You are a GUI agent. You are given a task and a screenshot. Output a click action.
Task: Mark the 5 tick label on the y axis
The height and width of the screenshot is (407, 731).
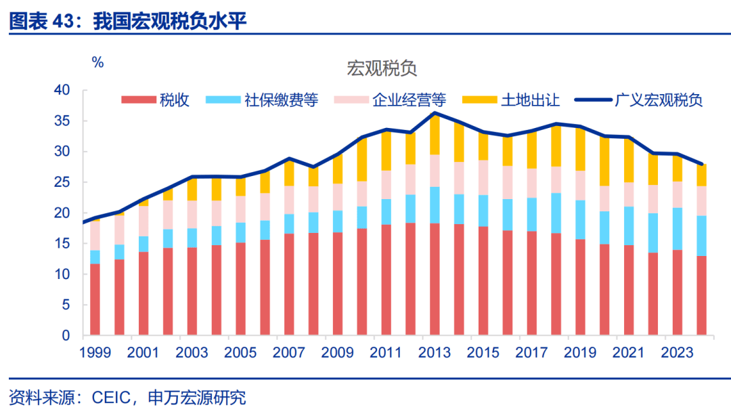[66, 305]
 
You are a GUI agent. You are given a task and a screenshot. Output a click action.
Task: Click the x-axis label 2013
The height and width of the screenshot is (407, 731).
[433, 353]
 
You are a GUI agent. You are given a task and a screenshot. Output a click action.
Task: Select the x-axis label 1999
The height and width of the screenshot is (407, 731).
[95, 353]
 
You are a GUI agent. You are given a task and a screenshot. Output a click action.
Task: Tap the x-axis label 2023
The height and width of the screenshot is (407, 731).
[675, 353]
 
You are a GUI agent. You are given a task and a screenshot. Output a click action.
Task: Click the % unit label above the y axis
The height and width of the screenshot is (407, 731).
[98, 62]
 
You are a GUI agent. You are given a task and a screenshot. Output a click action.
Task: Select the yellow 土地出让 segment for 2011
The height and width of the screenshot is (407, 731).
[385, 150]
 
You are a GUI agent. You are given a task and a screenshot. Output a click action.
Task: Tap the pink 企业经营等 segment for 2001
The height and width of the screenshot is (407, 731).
[143, 221]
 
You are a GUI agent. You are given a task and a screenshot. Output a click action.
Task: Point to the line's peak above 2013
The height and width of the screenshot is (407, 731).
[434, 113]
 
